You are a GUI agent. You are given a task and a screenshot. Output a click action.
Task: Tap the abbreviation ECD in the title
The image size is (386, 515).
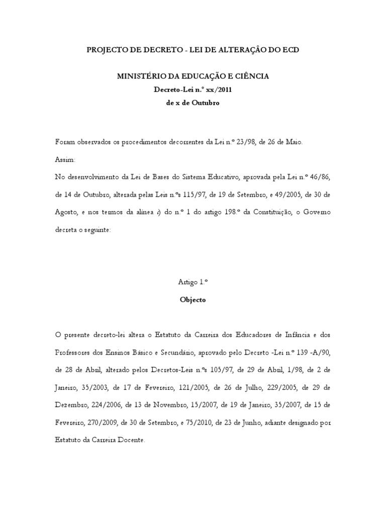tap(289, 50)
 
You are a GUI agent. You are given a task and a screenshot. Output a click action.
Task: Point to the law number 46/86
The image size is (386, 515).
tap(319, 178)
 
